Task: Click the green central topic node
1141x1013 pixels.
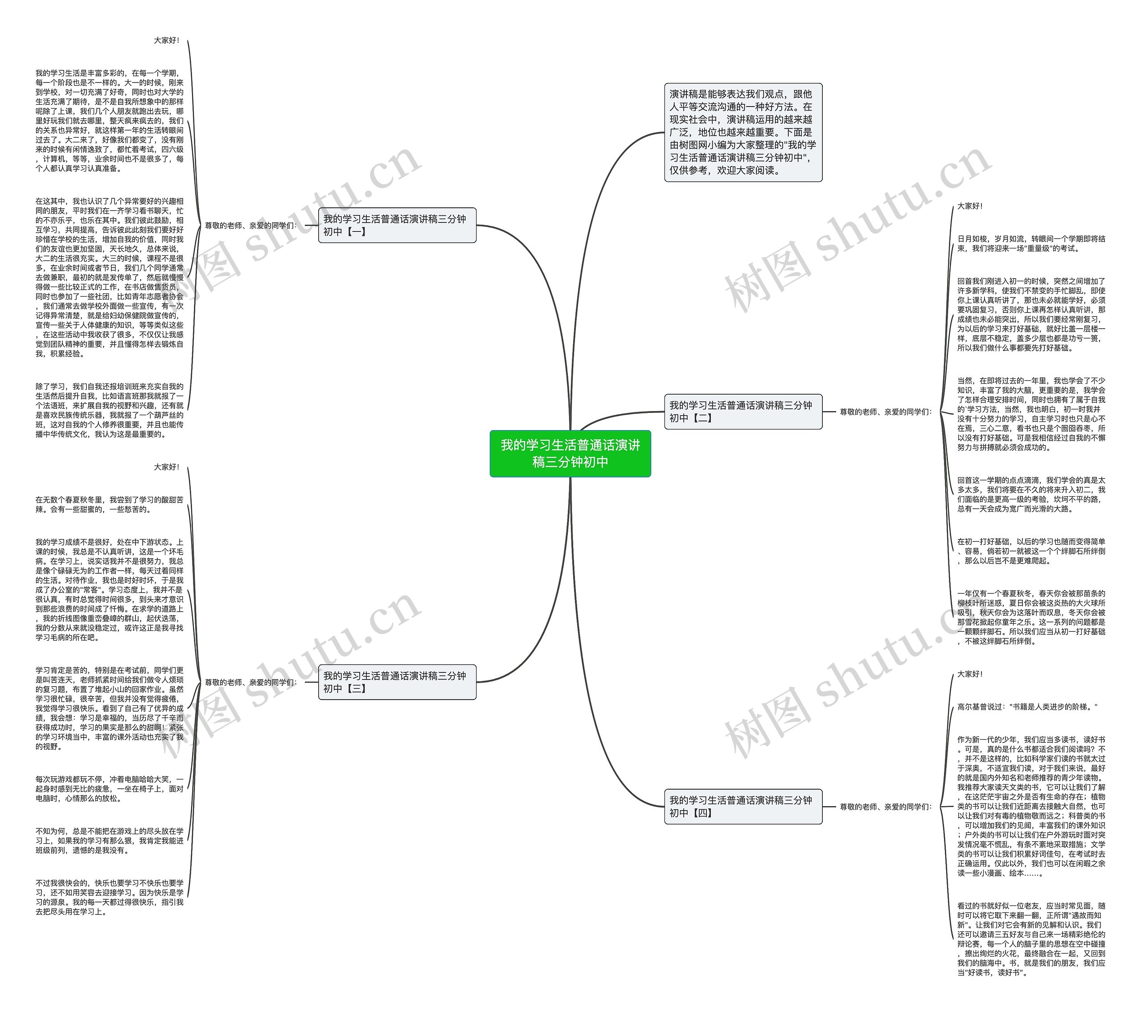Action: point(570,453)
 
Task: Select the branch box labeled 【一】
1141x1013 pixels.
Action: point(397,225)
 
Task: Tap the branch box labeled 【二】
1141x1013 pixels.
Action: point(743,412)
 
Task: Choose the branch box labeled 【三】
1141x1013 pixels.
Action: point(397,682)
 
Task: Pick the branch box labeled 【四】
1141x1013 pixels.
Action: point(743,807)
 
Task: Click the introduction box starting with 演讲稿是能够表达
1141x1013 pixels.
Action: point(743,132)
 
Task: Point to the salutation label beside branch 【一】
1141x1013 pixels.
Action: point(250,226)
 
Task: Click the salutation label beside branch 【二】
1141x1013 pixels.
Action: point(885,412)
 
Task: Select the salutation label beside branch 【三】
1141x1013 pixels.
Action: point(250,683)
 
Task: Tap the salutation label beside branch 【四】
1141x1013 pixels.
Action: point(885,807)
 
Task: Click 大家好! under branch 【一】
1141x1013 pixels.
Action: point(166,41)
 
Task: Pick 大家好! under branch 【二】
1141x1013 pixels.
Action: point(969,206)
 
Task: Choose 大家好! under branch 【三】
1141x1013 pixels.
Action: point(166,467)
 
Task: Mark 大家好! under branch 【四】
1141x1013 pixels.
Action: point(969,674)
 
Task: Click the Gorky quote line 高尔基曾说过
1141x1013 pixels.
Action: point(1027,707)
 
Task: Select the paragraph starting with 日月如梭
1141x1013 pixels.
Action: point(1030,243)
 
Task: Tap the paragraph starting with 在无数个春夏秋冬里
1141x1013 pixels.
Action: point(109,504)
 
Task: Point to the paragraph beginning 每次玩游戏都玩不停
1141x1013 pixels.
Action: point(109,789)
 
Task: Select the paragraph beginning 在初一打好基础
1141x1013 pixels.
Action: point(1030,551)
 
